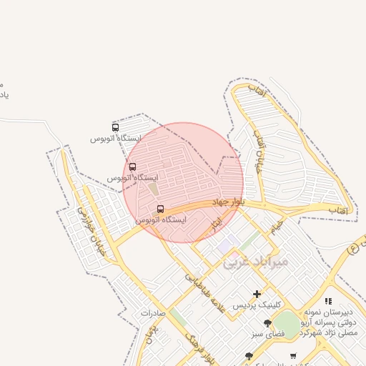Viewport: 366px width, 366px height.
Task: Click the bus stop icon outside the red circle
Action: (x=116, y=127)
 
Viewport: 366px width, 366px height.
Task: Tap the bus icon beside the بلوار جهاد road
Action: (x=159, y=209)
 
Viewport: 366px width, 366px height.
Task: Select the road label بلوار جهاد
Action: (x=231, y=203)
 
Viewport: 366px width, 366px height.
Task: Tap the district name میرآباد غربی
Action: (x=256, y=262)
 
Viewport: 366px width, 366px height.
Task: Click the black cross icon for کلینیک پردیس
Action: (x=257, y=294)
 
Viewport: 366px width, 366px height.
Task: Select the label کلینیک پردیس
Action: (x=258, y=305)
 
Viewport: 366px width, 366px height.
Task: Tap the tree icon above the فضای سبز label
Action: (x=268, y=323)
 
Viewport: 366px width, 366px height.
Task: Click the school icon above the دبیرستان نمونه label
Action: (x=328, y=301)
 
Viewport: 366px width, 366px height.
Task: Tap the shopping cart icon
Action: (x=293, y=355)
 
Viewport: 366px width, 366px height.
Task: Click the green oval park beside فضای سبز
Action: (x=287, y=322)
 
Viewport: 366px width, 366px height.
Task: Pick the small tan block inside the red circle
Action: (x=153, y=190)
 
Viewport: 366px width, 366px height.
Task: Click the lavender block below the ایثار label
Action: (x=226, y=246)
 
